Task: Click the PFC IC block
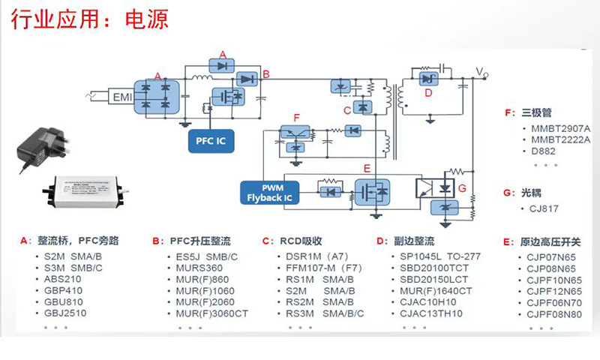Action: [x=205, y=139]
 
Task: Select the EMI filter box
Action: [x=121, y=97]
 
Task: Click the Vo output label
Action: [x=481, y=73]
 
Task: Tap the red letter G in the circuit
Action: [x=462, y=185]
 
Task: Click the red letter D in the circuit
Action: [x=427, y=93]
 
